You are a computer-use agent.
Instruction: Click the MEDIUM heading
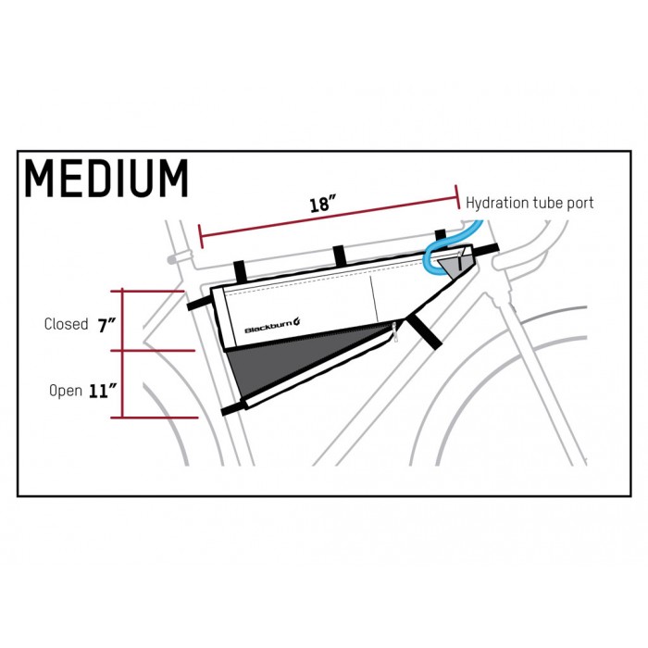(106, 179)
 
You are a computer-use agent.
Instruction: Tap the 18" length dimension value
(322, 205)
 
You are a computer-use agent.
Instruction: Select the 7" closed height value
(106, 326)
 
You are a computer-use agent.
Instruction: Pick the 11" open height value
(103, 391)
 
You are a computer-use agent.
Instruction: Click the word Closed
(66, 324)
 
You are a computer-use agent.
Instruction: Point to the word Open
(66, 391)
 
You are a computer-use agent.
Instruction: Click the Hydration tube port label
(530, 203)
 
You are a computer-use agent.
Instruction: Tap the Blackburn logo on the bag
(272, 325)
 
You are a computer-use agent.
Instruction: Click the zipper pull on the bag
(395, 331)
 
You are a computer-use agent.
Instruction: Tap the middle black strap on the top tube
(340, 256)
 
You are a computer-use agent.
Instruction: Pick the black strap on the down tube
(424, 332)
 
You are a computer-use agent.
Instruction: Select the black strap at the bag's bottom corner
(234, 408)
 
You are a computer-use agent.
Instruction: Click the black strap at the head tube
(486, 250)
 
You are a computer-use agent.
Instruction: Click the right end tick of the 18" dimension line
(457, 197)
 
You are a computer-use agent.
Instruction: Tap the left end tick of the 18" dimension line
(201, 237)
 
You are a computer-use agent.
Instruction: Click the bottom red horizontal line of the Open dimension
(155, 417)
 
